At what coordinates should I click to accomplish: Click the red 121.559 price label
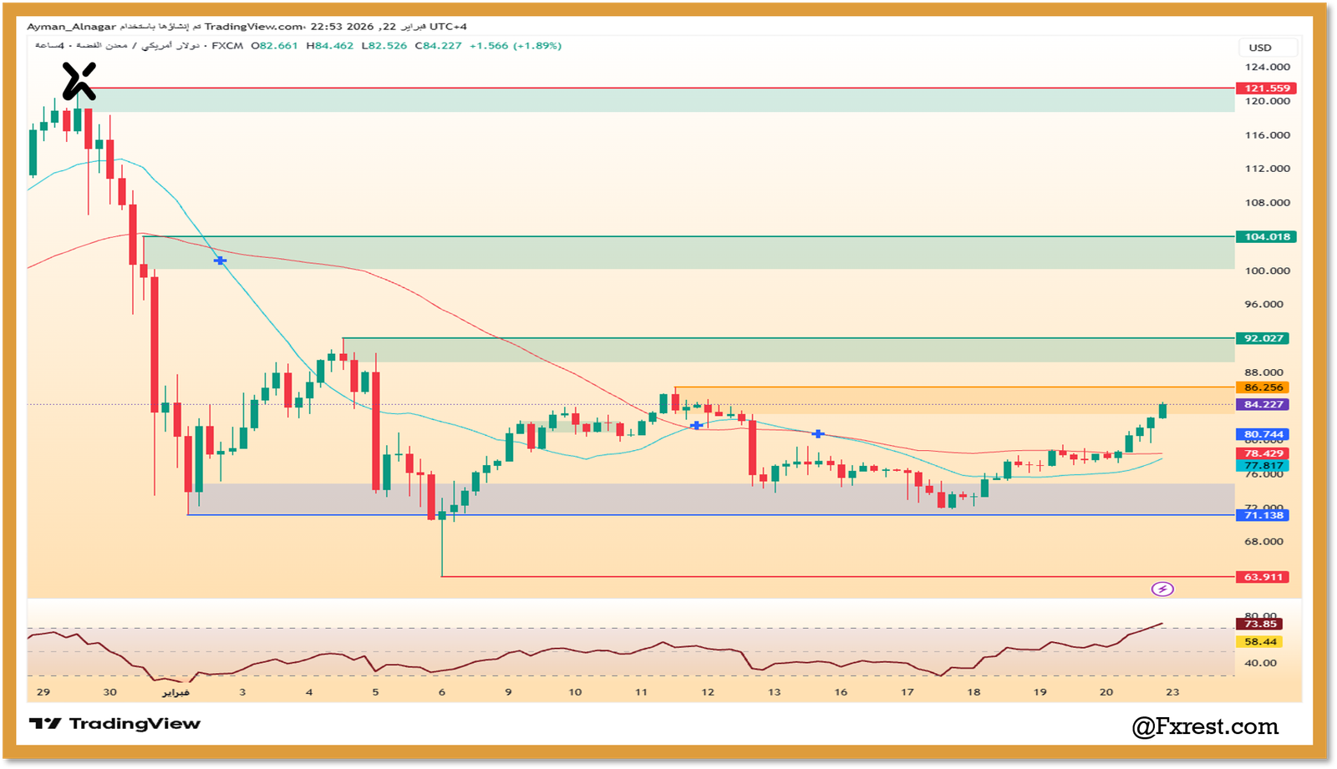coord(1266,89)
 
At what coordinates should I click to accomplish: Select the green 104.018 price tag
coord(1266,237)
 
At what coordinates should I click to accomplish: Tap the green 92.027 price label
coord(1263,338)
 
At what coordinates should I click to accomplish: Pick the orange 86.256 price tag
coord(1263,387)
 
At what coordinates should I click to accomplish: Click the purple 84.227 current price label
coord(1263,404)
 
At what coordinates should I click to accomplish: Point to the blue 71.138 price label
coord(1263,515)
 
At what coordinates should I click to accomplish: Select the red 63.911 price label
coord(1263,577)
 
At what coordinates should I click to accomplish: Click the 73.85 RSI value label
coord(1260,624)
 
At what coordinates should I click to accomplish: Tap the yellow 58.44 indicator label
coord(1260,642)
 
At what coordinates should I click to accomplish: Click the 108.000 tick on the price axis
coord(1267,203)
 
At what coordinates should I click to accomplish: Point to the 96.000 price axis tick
coord(1263,305)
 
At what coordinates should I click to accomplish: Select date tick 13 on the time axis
coord(774,692)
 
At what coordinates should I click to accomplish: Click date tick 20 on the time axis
coord(1106,692)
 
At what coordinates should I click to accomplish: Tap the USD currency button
coord(1260,48)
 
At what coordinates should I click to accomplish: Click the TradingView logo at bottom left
coord(114,724)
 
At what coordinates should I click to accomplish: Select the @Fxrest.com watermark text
coord(1205,727)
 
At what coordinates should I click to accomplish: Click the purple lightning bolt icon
coord(1162,589)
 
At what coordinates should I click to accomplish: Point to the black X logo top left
coord(79,81)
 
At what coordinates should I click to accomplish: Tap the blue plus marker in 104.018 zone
coord(220,261)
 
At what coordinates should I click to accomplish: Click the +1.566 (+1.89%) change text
coord(515,46)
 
